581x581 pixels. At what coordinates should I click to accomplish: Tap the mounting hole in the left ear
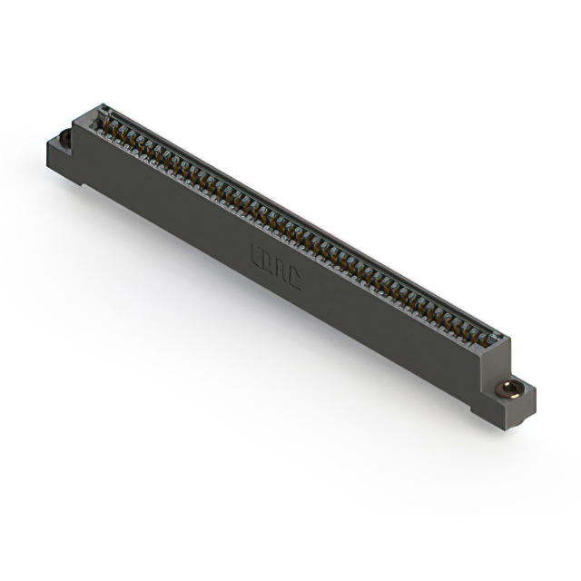point(65,139)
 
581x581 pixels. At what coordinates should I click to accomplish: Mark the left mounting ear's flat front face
point(62,162)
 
